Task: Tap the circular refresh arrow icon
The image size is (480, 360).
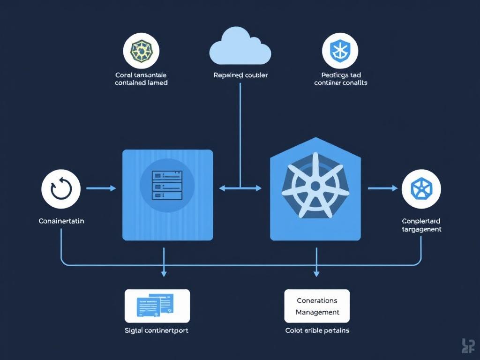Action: point(60,189)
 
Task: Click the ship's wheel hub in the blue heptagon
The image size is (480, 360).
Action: point(315,186)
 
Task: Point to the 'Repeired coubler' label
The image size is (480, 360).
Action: point(240,75)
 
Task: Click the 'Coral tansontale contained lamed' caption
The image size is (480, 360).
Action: point(141,79)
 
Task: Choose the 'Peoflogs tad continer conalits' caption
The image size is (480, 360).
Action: point(340,79)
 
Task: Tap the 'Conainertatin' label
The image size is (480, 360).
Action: point(61,221)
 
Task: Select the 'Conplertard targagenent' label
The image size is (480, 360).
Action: point(421,225)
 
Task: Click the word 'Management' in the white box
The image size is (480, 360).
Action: point(317,312)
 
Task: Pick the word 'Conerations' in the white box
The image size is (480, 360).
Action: point(317,300)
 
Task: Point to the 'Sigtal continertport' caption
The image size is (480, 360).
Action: point(157,330)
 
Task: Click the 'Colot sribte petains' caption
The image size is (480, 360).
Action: point(317,330)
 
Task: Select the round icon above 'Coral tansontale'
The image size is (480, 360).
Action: point(141,51)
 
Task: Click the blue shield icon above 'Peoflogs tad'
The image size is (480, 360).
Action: point(340,51)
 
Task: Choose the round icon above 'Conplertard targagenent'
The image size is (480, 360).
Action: point(421,189)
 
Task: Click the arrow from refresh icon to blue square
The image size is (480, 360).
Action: point(101,188)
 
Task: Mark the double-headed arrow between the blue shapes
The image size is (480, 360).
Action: point(240,188)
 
